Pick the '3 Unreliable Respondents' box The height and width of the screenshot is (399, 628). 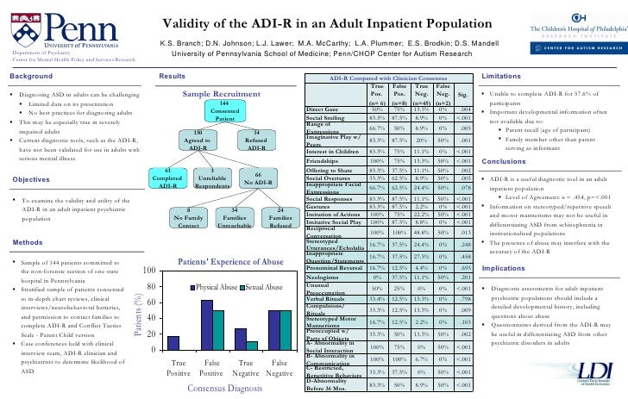212,178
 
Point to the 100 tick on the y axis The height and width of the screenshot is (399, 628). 148,272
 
